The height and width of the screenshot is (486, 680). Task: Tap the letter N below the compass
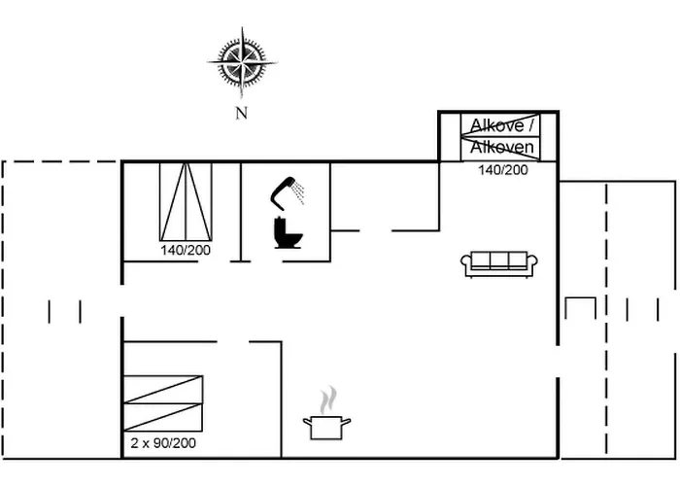coord(242,113)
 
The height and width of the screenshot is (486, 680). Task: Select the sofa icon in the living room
coord(499,263)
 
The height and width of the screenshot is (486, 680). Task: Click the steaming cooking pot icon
coord(327,425)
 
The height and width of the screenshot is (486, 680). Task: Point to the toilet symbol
coord(288,232)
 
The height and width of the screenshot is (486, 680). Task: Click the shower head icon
coord(284,190)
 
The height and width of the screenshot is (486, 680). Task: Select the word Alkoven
coord(501,148)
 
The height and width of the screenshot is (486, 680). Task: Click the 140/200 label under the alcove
coord(502,170)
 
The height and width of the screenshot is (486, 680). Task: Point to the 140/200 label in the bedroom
coord(185,250)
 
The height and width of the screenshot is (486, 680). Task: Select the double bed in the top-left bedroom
coord(185,200)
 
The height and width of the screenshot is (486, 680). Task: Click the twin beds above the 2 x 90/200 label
coord(164,403)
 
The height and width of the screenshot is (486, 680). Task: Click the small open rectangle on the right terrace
coord(580,306)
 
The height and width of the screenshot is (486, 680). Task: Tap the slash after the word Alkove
coord(530,125)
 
